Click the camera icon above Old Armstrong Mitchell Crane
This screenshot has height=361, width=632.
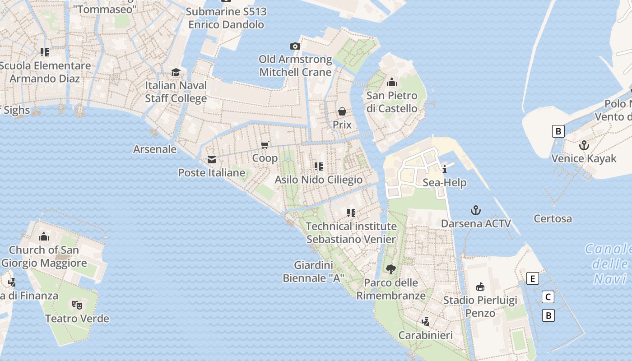coord(295,46)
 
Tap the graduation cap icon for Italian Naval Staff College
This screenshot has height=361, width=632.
coord(176,72)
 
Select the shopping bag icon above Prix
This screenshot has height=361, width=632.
coord(342,111)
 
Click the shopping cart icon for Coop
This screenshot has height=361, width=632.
coord(265,145)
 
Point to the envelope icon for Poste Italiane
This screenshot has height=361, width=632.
coord(211,160)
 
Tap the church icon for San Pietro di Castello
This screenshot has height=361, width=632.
coord(391,83)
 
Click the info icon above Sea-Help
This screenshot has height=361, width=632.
coord(445,169)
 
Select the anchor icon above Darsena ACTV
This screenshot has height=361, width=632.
coord(475,210)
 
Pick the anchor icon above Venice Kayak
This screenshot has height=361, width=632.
coord(584,145)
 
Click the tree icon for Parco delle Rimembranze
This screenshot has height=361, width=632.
coord(391,269)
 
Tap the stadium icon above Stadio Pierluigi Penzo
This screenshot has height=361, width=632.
coord(480,287)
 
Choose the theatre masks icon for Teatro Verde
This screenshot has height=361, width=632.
coord(77,305)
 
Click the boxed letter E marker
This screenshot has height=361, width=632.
coord(533,279)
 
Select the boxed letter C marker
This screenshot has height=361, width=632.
coord(548,297)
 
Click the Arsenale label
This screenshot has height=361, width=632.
coord(155,149)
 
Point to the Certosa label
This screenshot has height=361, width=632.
coord(553,218)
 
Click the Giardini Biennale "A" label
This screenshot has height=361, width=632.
coord(313,272)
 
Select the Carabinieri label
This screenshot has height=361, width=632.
coord(425,335)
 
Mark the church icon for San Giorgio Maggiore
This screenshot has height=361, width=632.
coord(44,236)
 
